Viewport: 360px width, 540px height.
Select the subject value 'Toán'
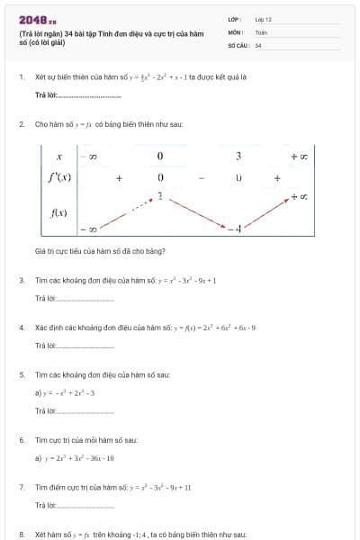(261, 31)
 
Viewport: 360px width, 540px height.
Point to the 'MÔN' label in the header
(236, 31)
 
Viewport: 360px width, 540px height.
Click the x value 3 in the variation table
(238, 157)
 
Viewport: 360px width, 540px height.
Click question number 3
(22, 280)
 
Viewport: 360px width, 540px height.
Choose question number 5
(22, 373)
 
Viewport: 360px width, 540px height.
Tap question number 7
(22, 487)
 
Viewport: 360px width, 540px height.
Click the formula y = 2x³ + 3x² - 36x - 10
(77, 458)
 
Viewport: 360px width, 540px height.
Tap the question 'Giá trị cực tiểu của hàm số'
(86, 251)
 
